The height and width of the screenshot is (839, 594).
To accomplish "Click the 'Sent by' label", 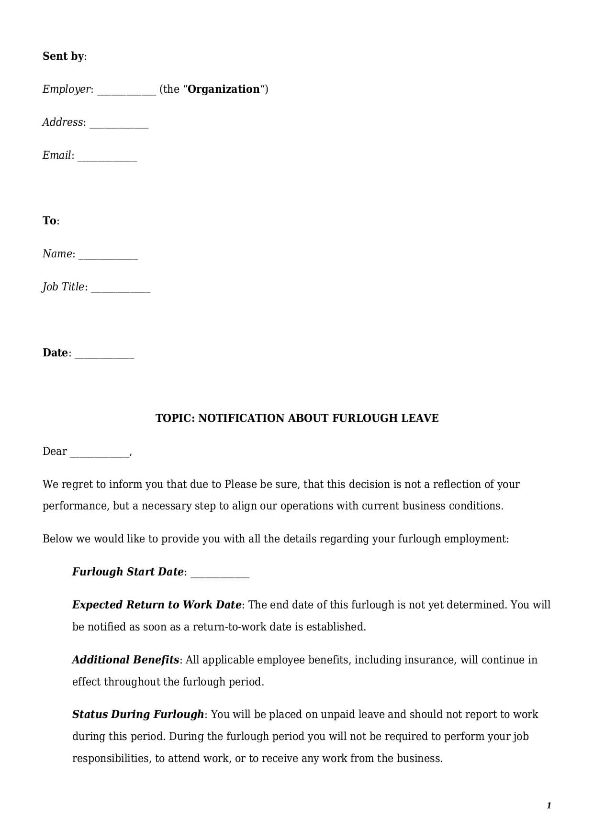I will coord(63,56).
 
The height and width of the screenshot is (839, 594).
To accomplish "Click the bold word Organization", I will coord(224,89).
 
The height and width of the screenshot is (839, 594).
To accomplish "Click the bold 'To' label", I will coord(49,221).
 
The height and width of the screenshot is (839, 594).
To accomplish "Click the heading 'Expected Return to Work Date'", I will coord(157,605).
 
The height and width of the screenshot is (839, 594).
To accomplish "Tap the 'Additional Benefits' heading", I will coord(125,660).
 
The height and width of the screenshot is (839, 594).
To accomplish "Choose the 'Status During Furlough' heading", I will coord(138,715).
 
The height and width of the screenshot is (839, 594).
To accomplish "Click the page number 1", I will coord(549,806).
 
